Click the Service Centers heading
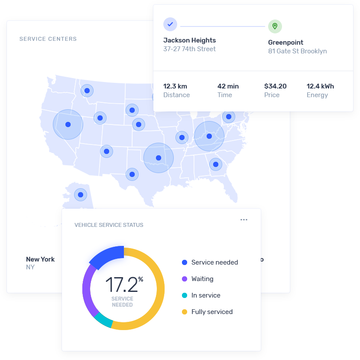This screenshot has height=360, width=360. tap(48, 39)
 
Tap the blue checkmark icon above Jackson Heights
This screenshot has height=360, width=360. tap(170, 24)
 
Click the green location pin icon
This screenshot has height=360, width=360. tap(275, 26)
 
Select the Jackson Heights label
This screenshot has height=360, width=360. tap(189, 40)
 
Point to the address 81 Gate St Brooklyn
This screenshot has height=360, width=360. tap(297, 51)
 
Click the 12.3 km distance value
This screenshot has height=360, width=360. tap(175, 86)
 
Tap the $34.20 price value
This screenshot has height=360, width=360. tap(275, 86)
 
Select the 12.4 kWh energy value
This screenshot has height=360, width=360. tap(320, 86)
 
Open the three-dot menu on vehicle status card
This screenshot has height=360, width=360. tap(244, 220)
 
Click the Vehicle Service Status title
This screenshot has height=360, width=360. tap(109, 225)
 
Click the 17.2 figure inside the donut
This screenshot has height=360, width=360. tap(121, 285)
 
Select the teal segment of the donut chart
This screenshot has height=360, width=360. tap(104, 320)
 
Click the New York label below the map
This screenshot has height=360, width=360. tap(40, 259)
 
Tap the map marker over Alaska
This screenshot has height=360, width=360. tap(80, 194)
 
